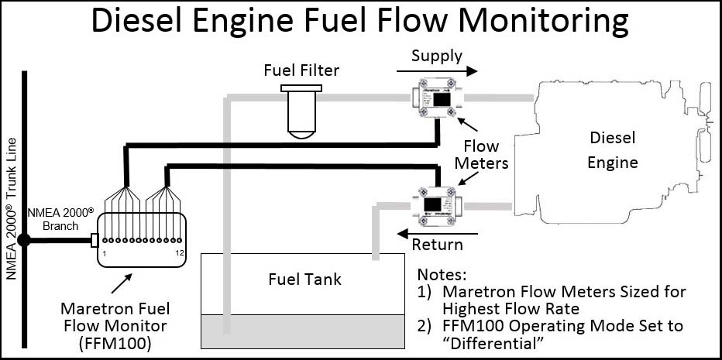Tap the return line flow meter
coord(436,204)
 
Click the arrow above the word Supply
coord(437,70)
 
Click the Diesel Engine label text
coord(613,150)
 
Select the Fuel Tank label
coord(303,278)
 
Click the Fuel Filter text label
coord(301,71)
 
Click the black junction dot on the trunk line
coord(24,240)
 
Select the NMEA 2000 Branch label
coord(52,219)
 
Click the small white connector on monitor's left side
coord(94,240)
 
